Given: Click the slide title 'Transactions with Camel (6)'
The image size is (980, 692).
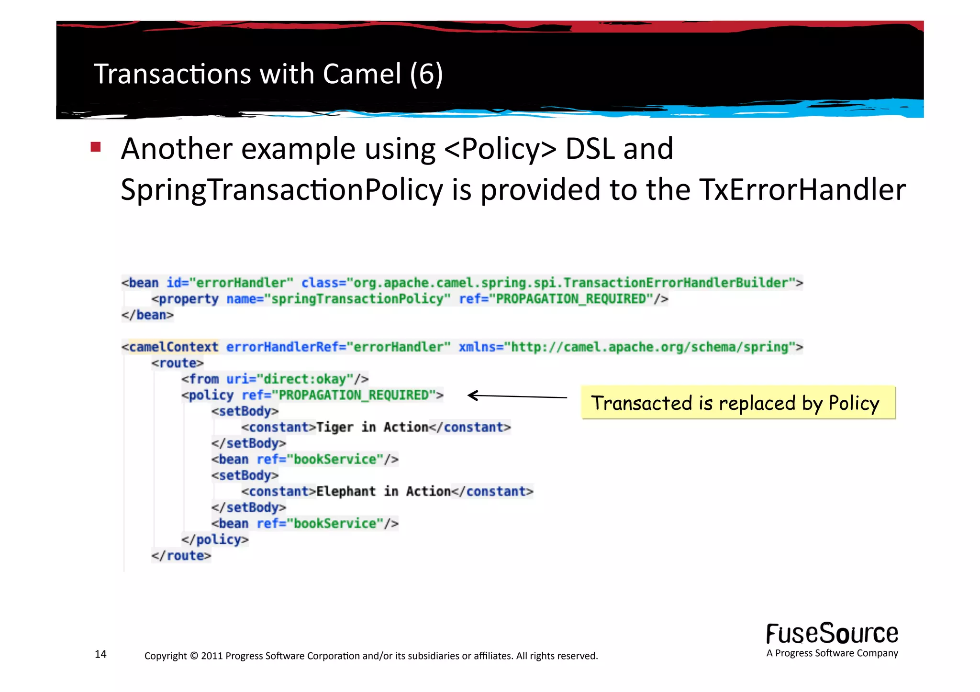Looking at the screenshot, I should point(268,74).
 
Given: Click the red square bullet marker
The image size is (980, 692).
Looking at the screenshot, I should point(96,147).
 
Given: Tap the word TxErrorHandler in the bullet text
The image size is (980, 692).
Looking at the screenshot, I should point(802,189).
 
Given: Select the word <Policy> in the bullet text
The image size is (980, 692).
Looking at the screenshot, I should point(500,149).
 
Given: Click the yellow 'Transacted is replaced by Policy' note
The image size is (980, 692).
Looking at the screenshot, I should point(738,403).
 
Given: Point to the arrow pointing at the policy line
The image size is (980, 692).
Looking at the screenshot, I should point(517,396).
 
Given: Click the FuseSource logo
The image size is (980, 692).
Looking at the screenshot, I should point(832,634).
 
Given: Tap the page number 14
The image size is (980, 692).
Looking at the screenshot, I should point(100,654).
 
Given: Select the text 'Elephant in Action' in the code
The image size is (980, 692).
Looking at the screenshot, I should point(383,491).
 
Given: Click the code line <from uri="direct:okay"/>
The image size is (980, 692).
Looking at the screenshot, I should point(275,379).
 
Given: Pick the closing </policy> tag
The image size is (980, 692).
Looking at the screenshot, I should point(215,539).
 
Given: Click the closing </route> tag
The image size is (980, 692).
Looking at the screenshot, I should point(181,556).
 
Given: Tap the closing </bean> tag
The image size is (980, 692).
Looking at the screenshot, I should point(147,315).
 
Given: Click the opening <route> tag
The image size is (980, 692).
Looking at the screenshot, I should point(178,363).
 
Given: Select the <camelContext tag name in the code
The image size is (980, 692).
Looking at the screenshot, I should point(170,347).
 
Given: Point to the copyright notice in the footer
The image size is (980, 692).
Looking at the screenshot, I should point(371,656).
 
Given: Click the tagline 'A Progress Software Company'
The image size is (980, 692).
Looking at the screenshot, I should point(832,653).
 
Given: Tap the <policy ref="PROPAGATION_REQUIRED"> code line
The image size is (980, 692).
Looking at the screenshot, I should point(312,395).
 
